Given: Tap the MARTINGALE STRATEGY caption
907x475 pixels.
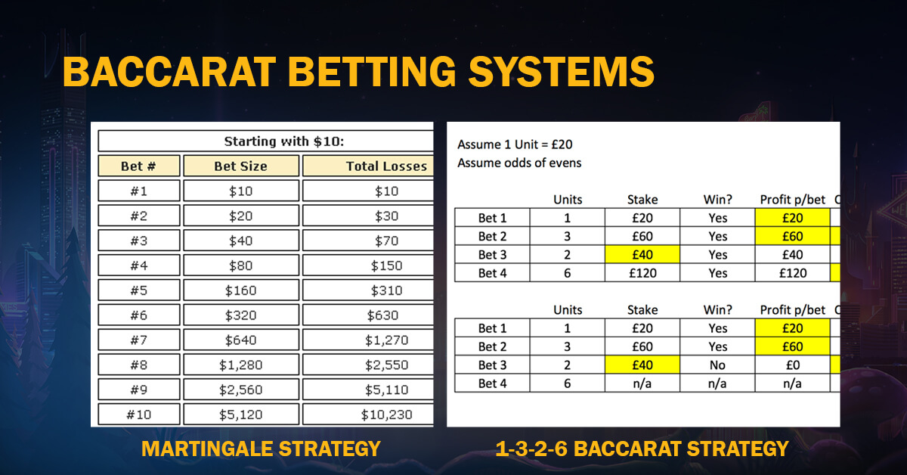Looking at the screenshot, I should point(261,449).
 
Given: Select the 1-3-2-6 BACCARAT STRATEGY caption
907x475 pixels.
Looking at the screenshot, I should point(642,449).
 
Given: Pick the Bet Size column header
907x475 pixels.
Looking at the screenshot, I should point(240,166).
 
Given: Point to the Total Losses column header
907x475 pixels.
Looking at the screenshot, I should point(385,166).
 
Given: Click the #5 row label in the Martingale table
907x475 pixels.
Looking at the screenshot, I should point(139,290).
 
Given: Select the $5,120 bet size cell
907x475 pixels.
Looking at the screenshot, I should point(240,414).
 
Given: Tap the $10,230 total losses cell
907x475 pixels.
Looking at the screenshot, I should point(385,414).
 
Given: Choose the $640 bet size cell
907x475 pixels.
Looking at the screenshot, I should point(240,340).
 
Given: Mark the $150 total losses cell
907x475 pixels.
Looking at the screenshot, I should point(385,265).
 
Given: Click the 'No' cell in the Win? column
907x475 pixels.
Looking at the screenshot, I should point(718,365).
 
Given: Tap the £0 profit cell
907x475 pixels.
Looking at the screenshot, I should point(792,365).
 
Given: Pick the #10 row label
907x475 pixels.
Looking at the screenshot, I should point(139,414).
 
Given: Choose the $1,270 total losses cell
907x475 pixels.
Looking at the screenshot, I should point(385,340).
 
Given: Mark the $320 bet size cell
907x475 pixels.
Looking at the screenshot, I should point(240,315).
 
